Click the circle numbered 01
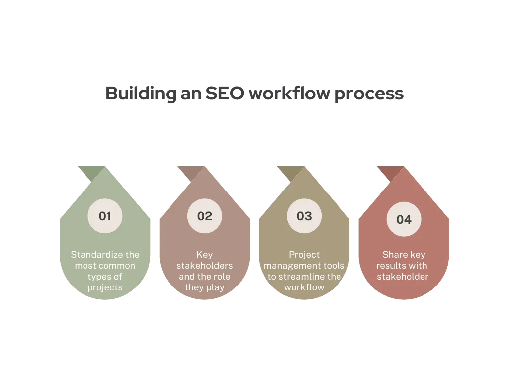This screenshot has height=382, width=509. tap(105, 216)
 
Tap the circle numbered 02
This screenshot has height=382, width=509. tap(204, 216)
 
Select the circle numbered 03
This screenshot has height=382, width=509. tap(304, 216)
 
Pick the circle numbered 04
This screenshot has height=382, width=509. tap(404, 219)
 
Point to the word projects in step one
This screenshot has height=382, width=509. tap(105, 287)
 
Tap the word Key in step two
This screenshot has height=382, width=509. tap(204, 255)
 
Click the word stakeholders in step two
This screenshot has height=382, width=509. tap(204, 266)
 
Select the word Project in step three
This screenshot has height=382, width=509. tap(304, 255)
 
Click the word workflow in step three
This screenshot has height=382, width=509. tap(304, 287)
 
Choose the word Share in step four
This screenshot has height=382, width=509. tap(394, 255)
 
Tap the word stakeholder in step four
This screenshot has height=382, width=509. tap(403, 277)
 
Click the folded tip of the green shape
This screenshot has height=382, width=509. tap(89, 172)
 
